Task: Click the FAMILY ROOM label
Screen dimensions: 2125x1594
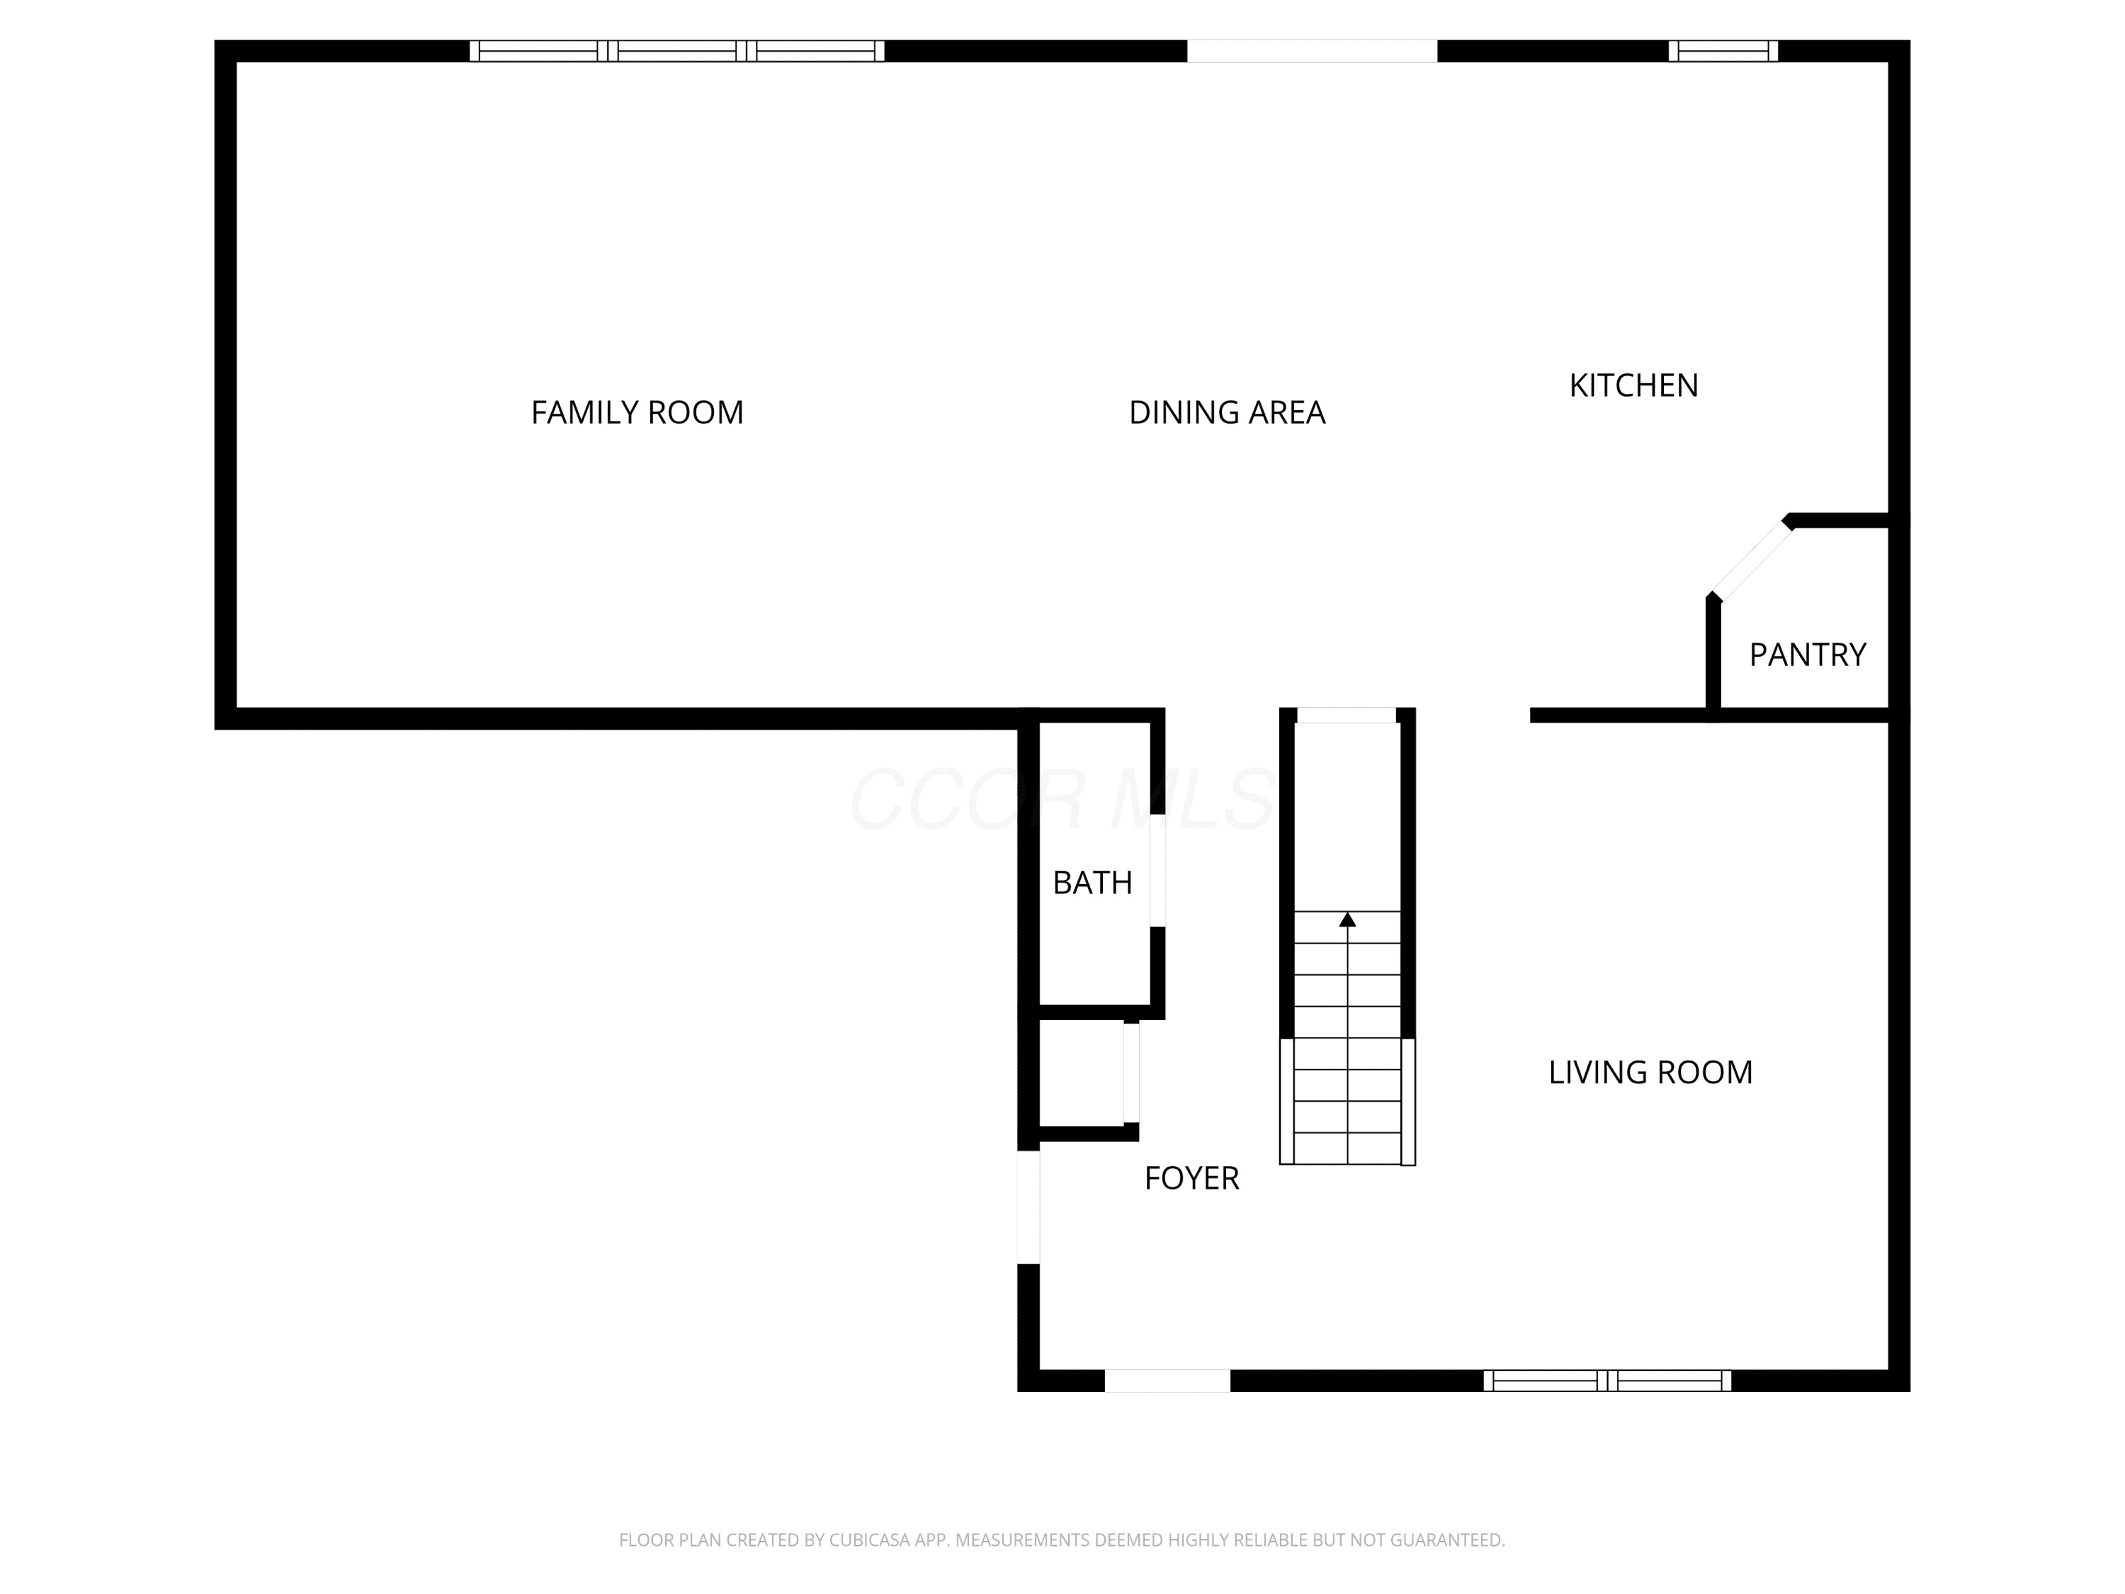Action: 637,412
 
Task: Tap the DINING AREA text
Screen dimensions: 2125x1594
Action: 1227,412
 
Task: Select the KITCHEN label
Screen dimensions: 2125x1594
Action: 1633,385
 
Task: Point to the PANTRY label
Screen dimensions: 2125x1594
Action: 1807,655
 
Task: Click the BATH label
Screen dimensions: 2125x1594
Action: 1092,882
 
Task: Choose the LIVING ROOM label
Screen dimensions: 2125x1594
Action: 1650,1073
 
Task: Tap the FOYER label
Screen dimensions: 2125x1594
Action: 1191,1178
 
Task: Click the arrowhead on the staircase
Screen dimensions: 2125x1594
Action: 1347,920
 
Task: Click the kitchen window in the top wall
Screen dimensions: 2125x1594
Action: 1723,51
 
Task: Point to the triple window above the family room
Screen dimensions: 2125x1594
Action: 676,51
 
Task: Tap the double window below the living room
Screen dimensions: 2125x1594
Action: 1607,1381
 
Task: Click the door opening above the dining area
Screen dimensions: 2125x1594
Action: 1313,51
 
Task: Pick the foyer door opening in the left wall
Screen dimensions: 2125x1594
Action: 1028,1206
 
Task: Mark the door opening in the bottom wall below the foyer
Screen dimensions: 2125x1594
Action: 1167,1381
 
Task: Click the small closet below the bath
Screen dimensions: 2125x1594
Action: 1082,1073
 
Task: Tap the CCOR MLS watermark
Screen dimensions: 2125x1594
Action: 1062,799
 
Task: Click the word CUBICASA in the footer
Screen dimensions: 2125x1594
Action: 868,1540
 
